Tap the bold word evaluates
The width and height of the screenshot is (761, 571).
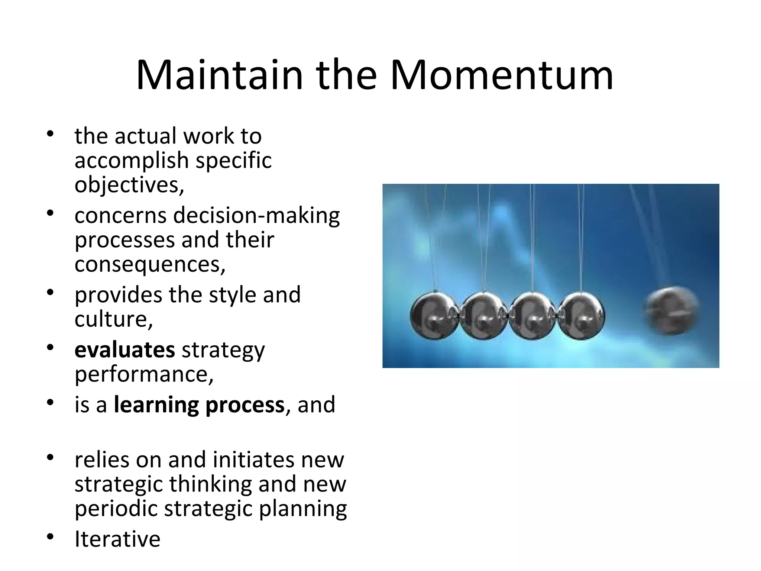pyautogui.click(x=124, y=350)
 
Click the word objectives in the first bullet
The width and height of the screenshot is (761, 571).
pyautogui.click(x=129, y=185)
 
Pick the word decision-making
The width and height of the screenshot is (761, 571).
pyautogui.click(x=256, y=216)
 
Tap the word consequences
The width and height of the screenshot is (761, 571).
pyautogui.click(x=149, y=265)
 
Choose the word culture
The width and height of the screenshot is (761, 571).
pyautogui.click(x=113, y=319)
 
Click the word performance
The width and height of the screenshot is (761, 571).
pyautogui.click(x=144, y=374)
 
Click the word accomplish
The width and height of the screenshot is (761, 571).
pyautogui.click(x=132, y=161)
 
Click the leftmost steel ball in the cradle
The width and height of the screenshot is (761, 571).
pyautogui.click(x=434, y=316)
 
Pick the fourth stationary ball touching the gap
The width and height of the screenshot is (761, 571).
pyautogui.click(x=582, y=316)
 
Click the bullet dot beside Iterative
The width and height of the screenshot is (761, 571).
pyautogui.click(x=51, y=537)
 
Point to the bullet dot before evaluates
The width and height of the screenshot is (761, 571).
pyautogui.click(x=51, y=348)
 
